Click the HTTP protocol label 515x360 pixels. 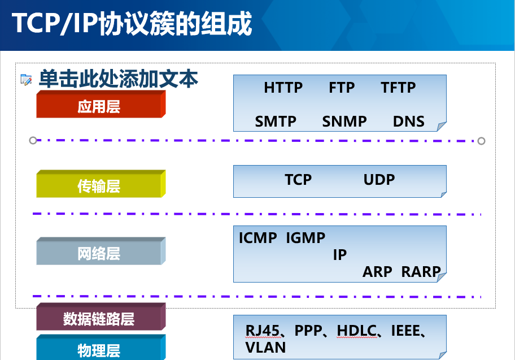click(x=283, y=88)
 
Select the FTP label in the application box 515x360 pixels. click(x=342, y=88)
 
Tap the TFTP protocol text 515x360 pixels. click(x=398, y=88)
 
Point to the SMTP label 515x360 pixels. click(x=276, y=122)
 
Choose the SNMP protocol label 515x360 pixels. click(x=344, y=122)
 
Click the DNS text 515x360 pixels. click(x=409, y=122)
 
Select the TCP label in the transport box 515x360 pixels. click(x=298, y=180)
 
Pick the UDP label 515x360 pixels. click(x=379, y=180)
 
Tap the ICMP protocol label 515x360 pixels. click(x=258, y=238)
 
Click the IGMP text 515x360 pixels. click(x=305, y=238)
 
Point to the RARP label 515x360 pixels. click(x=421, y=272)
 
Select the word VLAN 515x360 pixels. click(x=265, y=348)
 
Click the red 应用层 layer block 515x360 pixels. click(x=101, y=104)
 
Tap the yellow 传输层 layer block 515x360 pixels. click(x=101, y=184)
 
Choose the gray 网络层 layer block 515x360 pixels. click(x=101, y=251)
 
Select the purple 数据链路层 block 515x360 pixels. click(x=101, y=316)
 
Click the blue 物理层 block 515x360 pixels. click(x=101, y=348)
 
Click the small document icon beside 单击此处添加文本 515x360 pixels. click(x=26, y=80)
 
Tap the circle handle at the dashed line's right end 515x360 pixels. click(x=481, y=141)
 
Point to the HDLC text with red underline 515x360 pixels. click(x=357, y=331)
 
